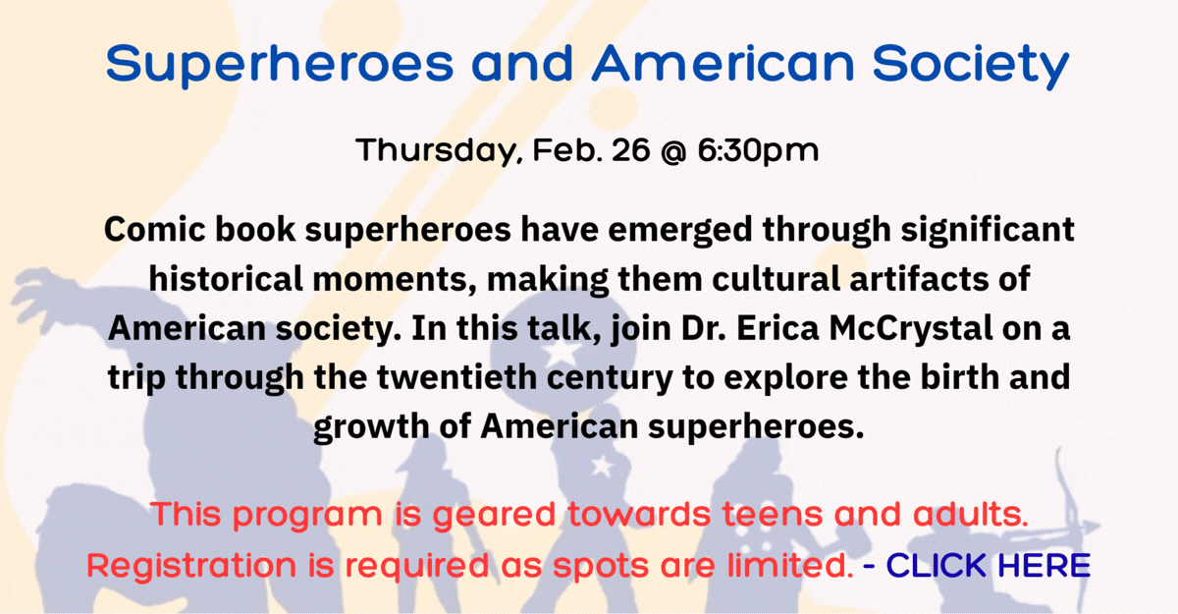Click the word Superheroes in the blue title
(x=280, y=65)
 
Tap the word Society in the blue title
(x=971, y=65)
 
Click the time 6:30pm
(x=758, y=151)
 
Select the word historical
(x=226, y=278)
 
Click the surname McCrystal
(x=911, y=328)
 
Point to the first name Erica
(x=777, y=328)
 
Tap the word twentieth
(x=456, y=377)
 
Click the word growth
(x=371, y=426)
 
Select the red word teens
(x=772, y=514)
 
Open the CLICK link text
(x=937, y=565)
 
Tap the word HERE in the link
(x=1044, y=565)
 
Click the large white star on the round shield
(x=562, y=353)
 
